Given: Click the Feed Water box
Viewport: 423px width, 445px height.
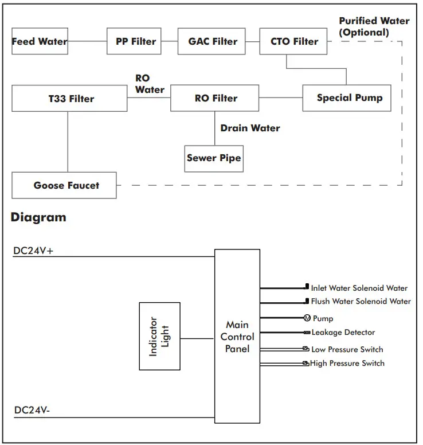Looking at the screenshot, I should [x=40, y=41].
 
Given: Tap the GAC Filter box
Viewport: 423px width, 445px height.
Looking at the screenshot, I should [x=212, y=41].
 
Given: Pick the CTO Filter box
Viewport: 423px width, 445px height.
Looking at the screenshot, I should [x=294, y=41].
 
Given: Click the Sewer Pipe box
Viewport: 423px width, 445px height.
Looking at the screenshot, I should [x=214, y=158].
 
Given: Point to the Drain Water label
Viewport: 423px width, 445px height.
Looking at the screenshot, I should [x=250, y=128].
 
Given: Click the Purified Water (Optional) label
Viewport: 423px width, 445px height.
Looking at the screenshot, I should [x=373, y=26].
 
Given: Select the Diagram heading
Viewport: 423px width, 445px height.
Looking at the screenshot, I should [x=38, y=217].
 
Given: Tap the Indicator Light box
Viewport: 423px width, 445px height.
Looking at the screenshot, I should [x=159, y=336].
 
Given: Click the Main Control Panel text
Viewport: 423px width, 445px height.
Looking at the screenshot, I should [x=237, y=337].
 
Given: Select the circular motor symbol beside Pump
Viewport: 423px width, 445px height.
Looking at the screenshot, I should [x=307, y=318].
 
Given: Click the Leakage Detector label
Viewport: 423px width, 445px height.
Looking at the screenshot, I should [x=343, y=333].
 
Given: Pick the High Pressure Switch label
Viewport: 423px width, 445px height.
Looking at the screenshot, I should [x=347, y=364].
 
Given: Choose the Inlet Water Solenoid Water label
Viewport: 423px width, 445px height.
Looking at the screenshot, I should [x=359, y=288].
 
